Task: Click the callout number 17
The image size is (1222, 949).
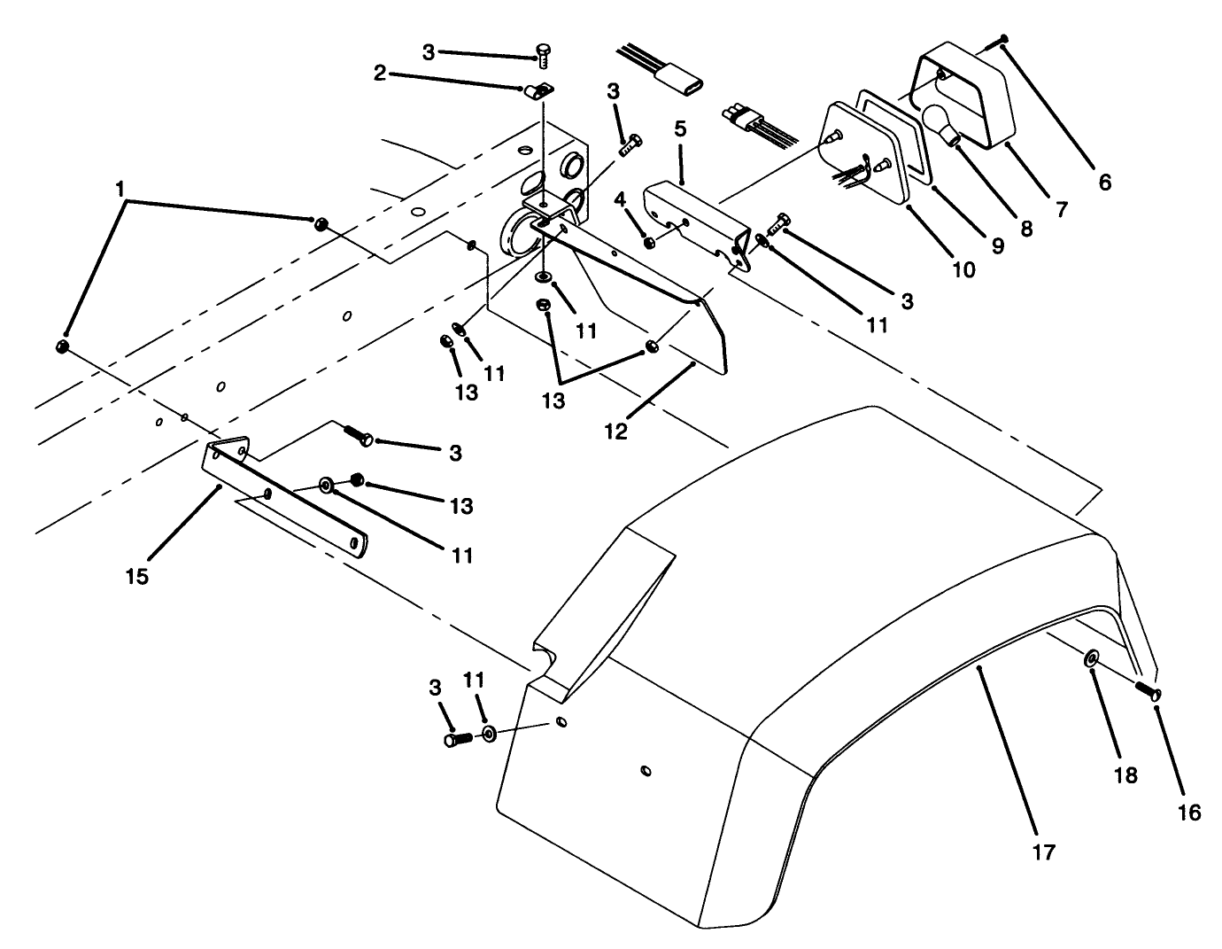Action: coord(1044,852)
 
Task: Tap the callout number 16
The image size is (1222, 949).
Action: coord(1189,812)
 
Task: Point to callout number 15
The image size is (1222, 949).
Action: coord(136,577)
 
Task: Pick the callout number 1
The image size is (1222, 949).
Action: coord(119,189)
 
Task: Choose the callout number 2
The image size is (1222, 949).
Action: coord(379,74)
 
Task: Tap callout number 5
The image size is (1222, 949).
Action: coord(680,129)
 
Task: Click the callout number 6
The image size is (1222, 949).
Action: coord(1104,183)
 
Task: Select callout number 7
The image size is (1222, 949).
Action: coord(1061,209)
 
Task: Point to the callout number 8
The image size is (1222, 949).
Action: coord(1026,228)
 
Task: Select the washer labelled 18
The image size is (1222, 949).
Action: coord(1090,659)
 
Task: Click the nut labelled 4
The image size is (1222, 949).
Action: coord(649,242)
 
